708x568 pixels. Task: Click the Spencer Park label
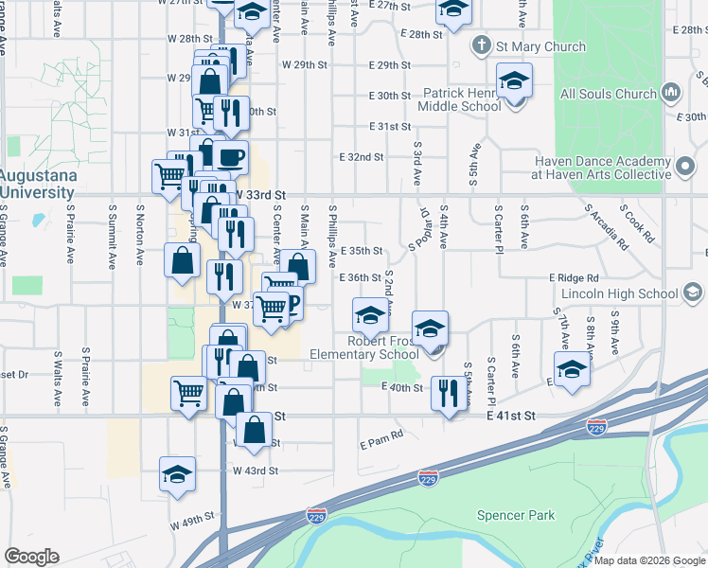(515, 516)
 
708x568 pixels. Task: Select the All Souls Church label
(608, 94)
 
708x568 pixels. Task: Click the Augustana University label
(36, 185)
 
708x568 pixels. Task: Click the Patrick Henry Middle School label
(462, 100)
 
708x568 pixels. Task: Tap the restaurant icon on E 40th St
(446, 392)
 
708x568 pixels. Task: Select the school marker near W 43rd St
(177, 475)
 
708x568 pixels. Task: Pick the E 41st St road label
(511, 416)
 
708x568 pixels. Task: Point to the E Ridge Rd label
(574, 278)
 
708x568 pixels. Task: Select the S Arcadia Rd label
(607, 226)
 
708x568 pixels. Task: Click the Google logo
(32, 557)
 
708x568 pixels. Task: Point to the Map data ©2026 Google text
(648, 560)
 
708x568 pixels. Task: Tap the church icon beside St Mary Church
(481, 45)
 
